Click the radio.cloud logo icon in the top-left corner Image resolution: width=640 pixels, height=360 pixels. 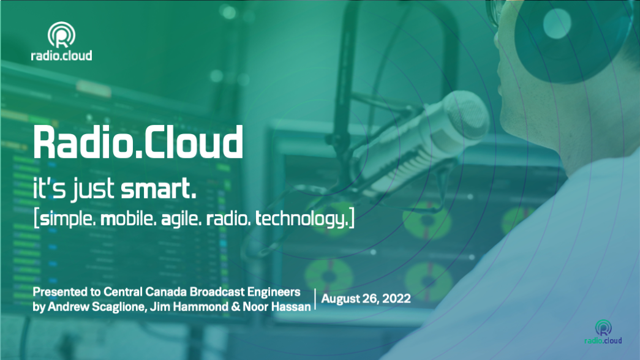click(61, 35)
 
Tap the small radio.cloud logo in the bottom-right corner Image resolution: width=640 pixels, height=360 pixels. click(603, 332)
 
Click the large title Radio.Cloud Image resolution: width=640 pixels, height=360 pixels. click(138, 141)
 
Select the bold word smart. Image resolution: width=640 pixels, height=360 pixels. click(159, 189)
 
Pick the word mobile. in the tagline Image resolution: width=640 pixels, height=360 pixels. click(128, 219)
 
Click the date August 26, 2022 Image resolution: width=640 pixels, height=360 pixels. click(366, 299)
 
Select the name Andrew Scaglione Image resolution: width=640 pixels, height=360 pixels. click(97, 307)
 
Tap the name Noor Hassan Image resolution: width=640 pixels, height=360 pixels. click(277, 307)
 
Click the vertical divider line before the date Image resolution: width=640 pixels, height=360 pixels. click(315, 299)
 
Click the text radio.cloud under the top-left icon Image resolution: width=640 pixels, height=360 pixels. click(61, 55)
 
